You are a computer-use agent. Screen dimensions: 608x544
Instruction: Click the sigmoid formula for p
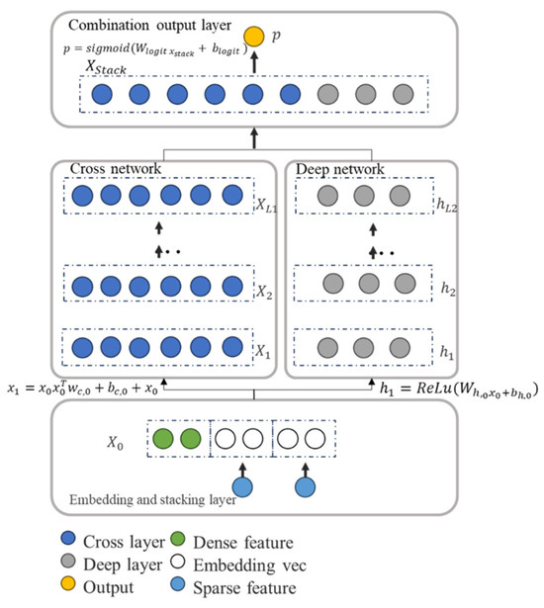tap(145, 44)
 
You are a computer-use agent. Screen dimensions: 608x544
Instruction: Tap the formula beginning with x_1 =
tap(96, 390)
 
